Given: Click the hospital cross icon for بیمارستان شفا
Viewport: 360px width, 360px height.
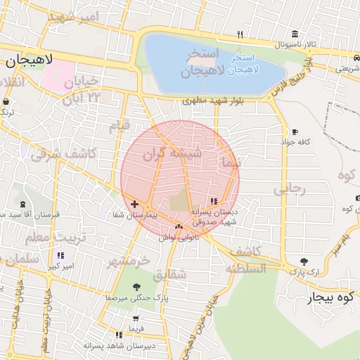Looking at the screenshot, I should (135, 204).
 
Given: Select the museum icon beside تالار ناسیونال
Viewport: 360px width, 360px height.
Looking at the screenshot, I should (293, 34).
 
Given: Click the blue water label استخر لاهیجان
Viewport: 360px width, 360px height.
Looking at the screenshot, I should (255, 65).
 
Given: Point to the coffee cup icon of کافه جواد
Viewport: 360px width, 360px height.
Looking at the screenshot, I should (294, 131).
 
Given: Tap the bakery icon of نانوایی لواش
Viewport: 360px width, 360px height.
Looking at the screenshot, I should (179, 226).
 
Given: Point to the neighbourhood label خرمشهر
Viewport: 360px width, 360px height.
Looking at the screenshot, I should (128, 261).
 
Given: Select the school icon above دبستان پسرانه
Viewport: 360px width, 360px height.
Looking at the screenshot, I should (214, 201).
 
